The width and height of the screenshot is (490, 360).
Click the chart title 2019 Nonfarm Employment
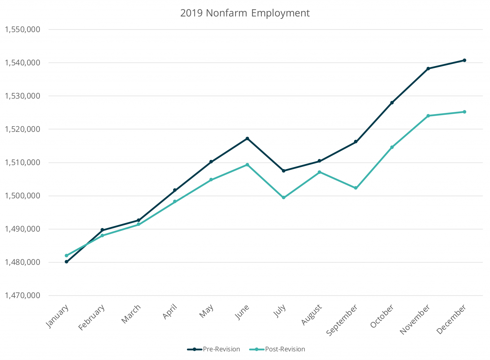(245, 13)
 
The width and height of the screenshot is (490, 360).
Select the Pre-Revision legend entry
(221, 349)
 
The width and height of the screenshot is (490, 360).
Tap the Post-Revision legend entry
(285, 349)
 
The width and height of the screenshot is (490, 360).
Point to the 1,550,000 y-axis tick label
(22, 30)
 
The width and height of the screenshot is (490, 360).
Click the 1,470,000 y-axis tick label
(22, 296)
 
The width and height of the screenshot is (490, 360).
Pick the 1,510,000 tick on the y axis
(22, 163)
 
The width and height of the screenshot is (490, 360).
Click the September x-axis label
(342, 320)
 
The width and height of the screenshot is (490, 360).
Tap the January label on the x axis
(58, 316)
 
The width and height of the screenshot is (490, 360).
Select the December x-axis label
(452, 319)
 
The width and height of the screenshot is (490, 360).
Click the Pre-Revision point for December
(464, 60)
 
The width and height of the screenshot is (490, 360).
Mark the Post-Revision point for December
(464, 112)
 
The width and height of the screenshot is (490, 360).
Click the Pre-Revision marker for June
(247, 138)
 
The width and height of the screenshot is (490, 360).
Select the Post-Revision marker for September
(356, 188)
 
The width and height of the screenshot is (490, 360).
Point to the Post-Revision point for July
(284, 198)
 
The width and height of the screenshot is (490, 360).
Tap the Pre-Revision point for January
(66, 262)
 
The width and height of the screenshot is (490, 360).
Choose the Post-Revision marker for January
(66, 255)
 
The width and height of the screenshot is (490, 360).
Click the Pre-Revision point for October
(392, 103)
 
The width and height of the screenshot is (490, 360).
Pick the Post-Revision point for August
(320, 172)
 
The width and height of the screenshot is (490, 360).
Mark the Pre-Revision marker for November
(428, 69)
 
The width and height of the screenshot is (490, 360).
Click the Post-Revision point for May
(211, 180)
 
